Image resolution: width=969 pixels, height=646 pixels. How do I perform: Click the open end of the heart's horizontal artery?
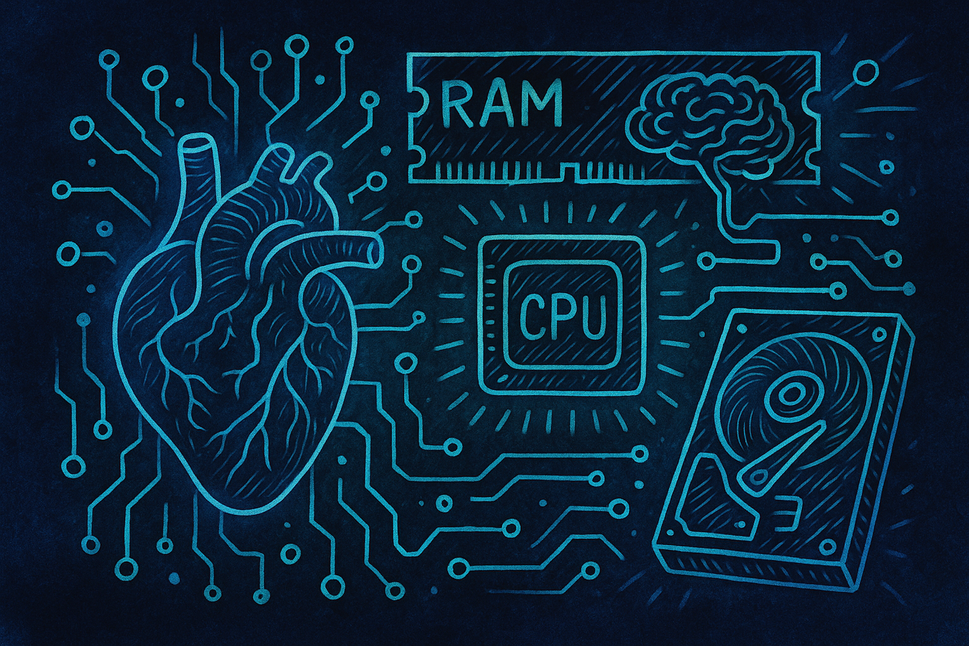point(375,251)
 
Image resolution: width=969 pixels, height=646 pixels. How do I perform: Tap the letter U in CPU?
point(591,312)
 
